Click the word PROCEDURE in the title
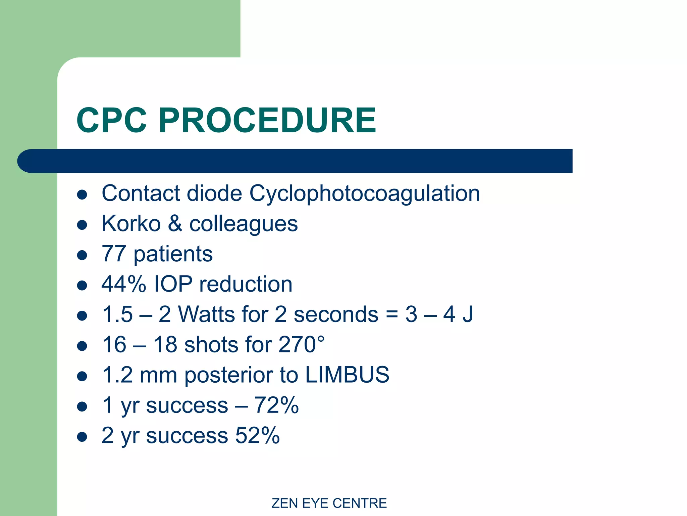point(267,120)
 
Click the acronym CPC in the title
point(112,120)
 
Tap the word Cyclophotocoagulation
point(364,193)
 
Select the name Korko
point(131,223)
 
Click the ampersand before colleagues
point(175,223)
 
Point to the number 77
point(114,254)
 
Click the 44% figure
point(124,284)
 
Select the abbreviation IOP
point(173,284)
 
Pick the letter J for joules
point(467,314)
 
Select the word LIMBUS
point(347,375)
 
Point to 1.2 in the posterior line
point(117,375)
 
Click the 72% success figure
point(276,405)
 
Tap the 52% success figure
point(257,435)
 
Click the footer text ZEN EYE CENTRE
point(329,503)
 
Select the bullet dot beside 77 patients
point(82,255)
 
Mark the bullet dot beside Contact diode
point(82,195)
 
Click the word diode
point(214,193)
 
